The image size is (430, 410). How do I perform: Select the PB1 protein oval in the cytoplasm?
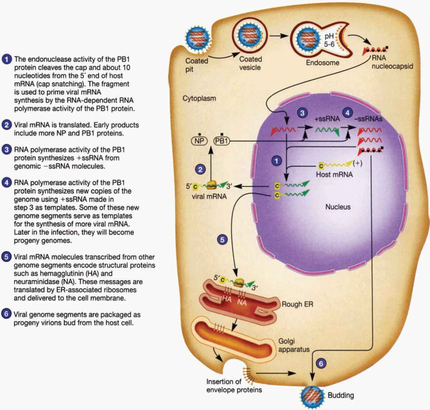pyautogui.click(x=221, y=141)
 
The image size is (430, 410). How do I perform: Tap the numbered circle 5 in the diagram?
pyautogui.click(x=222, y=240)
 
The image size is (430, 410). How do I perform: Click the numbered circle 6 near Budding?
pyautogui.click(x=321, y=364)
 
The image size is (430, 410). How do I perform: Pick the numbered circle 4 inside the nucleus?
pyautogui.click(x=348, y=113)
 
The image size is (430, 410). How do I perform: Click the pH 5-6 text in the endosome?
pyautogui.click(x=329, y=40)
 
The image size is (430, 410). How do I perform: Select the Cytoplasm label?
pyautogui.click(x=199, y=98)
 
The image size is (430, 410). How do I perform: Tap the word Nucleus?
pyautogui.click(x=338, y=207)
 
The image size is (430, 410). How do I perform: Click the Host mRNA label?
pyautogui.click(x=334, y=175)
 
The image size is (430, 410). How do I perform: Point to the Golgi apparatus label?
pyautogui.click(x=294, y=345)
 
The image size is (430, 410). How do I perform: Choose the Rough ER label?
pyautogui.click(x=297, y=304)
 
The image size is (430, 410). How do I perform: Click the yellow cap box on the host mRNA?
pyautogui.click(x=321, y=166)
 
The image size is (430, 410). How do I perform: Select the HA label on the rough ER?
pyautogui.click(x=227, y=299)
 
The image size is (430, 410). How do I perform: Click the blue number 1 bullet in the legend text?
pyautogui.click(x=7, y=59)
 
